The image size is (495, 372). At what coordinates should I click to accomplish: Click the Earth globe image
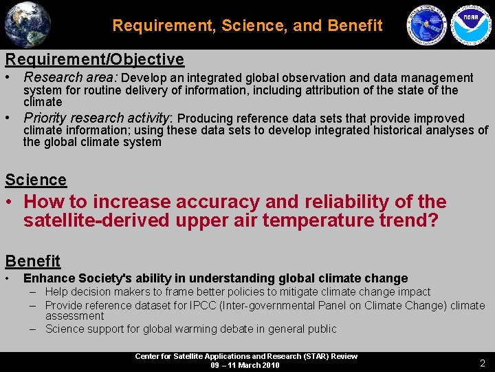(x=27, y=25)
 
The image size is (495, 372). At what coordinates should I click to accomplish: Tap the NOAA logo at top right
(x=470, y=25)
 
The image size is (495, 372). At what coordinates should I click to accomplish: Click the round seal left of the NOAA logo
(x=427, y=25)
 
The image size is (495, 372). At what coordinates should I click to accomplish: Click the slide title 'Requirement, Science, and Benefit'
(x=247, y=25)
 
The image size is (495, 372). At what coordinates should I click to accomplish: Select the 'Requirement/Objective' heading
(x=94, y=59)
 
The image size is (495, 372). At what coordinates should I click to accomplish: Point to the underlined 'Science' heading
(x=36, y=180)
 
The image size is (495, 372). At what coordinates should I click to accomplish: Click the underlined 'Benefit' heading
(x=33, y=261)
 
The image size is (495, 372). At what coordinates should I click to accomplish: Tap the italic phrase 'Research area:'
(x=71, y=78)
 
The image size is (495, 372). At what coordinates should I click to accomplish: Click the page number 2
(x=482, y=362)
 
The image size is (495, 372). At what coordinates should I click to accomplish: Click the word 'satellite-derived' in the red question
(x=89, y=221)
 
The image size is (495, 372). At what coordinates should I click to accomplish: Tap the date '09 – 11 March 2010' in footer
(x=245, y=365)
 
